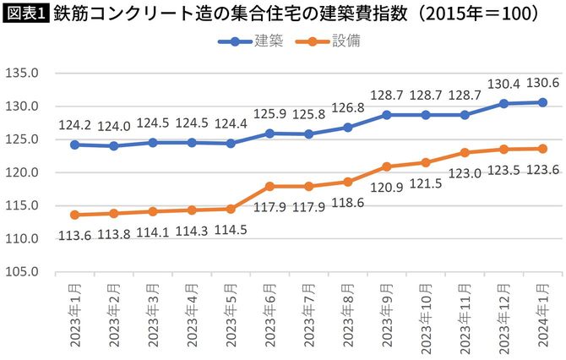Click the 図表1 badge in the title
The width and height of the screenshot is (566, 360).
point(25,14)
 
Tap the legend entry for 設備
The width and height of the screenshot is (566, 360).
point(329,41)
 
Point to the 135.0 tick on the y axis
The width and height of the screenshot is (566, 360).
point(22,74)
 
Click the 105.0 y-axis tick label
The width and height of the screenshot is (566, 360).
point(22,272)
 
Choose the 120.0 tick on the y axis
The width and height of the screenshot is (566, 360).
point(22,172)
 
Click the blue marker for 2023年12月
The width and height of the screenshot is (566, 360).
point(503,104)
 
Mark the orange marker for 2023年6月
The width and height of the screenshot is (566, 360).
point(270,186)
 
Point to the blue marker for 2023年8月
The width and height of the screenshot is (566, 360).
point(347,128)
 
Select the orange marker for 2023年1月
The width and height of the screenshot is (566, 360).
point(75,215)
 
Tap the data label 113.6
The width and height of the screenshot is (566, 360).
point(75,236)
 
